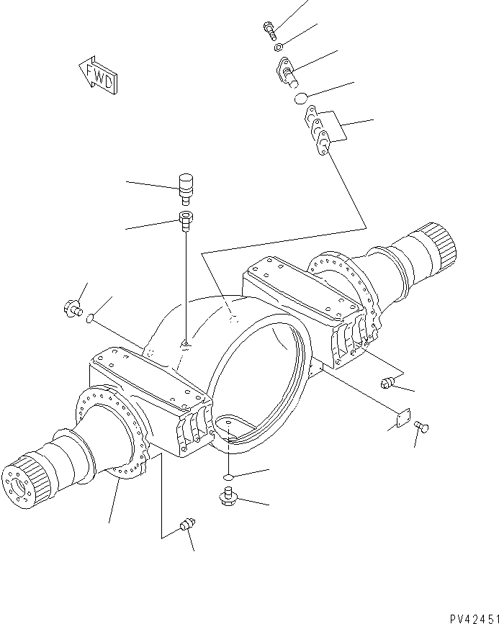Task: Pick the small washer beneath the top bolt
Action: (278, 48)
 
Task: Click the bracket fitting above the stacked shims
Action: (285, 71)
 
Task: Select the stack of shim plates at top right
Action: (317, 130)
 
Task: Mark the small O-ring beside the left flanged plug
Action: (91, 319)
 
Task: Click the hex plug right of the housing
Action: (387, 384)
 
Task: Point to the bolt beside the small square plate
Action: (423, 428)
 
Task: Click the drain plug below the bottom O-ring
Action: (228, 497)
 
